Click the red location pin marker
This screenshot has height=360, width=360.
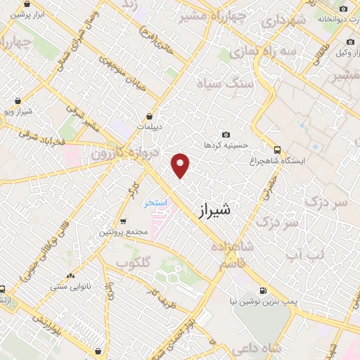coord(181,165)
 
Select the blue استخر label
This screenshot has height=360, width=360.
coord(155,203)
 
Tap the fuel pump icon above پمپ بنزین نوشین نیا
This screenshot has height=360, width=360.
coord(262,290)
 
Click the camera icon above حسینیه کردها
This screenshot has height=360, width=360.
coord(225,134)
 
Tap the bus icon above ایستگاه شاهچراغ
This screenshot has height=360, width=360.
coord(278,150)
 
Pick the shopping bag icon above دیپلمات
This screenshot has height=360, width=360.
coord(150,117)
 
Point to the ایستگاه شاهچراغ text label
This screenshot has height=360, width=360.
coord(303,161)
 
